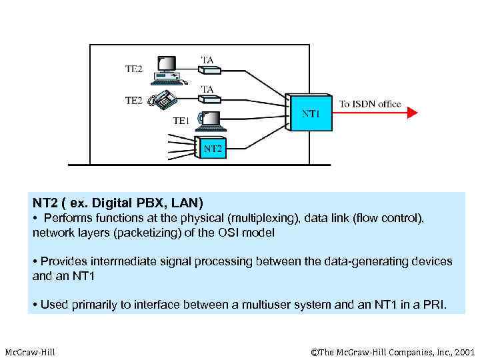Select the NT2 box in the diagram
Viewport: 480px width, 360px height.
click(211, 148)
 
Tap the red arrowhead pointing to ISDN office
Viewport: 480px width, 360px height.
click(412, 113)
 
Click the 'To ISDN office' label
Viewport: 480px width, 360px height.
click(370, 103)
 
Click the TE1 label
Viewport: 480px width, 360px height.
click(181, 121)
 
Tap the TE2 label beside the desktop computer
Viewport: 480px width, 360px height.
click(134, 68)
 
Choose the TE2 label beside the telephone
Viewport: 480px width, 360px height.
click(134, 100)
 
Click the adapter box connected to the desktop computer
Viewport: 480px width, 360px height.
click(207, 72)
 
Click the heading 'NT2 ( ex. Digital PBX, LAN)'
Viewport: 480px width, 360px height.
click(117, 202)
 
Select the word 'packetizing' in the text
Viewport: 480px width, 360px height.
click(133, 233)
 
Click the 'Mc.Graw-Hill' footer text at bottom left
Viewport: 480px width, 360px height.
click(30, 351)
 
